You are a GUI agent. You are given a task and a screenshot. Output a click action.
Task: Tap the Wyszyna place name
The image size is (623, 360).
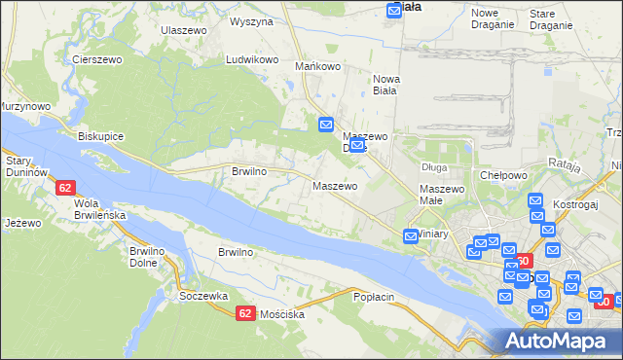[251, 20]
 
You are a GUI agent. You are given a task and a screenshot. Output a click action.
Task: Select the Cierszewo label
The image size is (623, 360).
[95, 59]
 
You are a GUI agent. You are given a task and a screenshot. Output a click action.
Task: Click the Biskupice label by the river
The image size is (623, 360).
[100, 136]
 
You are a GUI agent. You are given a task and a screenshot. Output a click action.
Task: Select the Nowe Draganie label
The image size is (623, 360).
[492, 18]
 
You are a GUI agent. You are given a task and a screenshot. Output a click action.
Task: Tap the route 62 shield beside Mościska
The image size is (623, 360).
[244, 312]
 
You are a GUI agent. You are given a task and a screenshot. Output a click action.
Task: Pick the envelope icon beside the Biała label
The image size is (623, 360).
[394, 10]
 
